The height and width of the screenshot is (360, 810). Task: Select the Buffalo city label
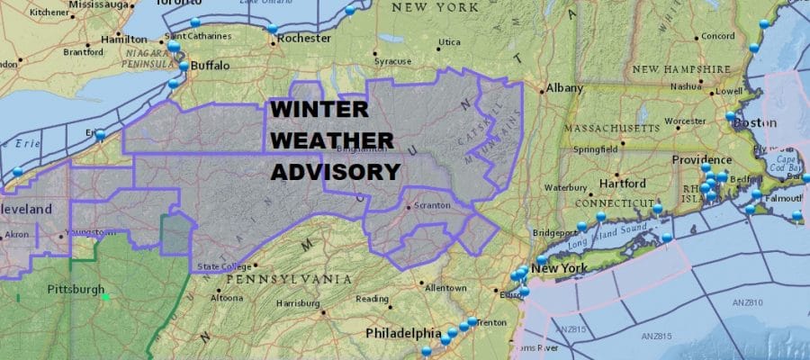tap(208, 66)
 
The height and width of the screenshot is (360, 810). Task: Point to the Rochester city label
tap(306, 39)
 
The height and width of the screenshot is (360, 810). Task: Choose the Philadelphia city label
tap(402, 333)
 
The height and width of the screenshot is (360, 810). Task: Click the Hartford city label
tap(623, 184)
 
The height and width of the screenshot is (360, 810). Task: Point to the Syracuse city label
tap(392, 61)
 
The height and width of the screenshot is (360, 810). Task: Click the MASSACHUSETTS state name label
tap(619, 130)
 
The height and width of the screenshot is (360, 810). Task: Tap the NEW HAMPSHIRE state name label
tap(680, 69)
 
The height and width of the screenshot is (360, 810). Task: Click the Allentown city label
tap(446, 288)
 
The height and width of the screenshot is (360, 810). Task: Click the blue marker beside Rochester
tap(273, 30)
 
